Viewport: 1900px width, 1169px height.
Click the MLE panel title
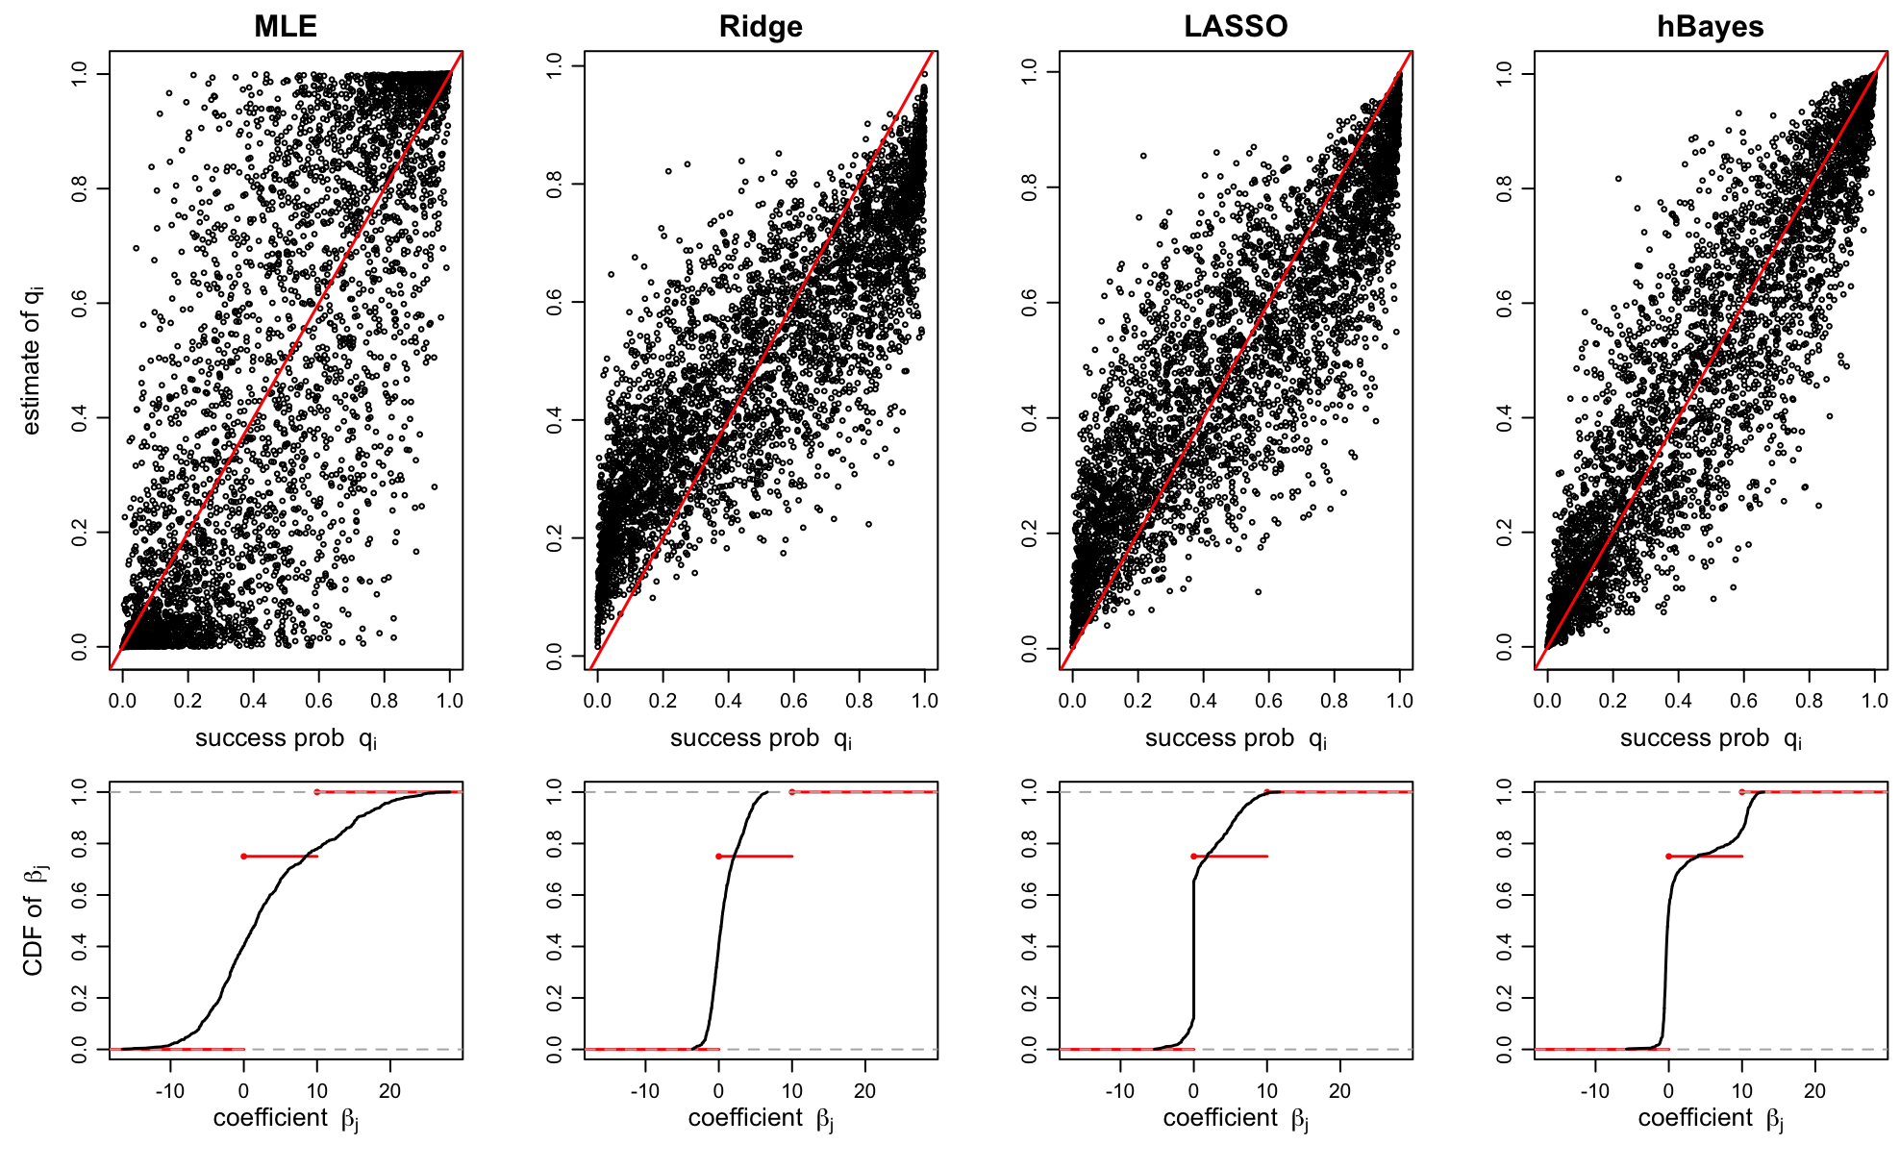click(x=286, y=26)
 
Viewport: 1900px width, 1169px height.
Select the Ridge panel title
click(x=761, y=26)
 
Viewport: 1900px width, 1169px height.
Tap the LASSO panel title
click(x=1236, y=26)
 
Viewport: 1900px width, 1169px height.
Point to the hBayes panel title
click(x=1711, y=26)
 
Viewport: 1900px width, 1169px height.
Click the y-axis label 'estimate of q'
click(x=32, y=360)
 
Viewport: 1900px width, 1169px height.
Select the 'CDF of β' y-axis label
click(x=34, y=920)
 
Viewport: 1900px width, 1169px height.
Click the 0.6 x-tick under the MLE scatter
click(x=319, y=701)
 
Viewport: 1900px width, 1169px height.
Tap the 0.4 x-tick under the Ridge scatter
click(x=728, y=701)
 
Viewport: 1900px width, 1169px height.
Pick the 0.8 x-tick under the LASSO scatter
click(x=1335, y=701)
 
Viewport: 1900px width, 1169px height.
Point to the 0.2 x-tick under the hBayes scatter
click(x=1612, y=701)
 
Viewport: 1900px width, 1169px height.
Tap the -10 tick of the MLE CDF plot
click(x=170, y=1091)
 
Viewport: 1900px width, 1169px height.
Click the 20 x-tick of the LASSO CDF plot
click(x=1339, y=1091)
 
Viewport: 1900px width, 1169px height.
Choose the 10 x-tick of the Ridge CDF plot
click(x=791, y=1091)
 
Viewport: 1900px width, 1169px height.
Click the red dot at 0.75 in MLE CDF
click(x=243, y=857)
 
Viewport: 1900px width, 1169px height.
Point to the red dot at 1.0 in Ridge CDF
click(x=791, y=792)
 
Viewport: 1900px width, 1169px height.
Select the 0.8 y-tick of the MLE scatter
click(x=80, y=188)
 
